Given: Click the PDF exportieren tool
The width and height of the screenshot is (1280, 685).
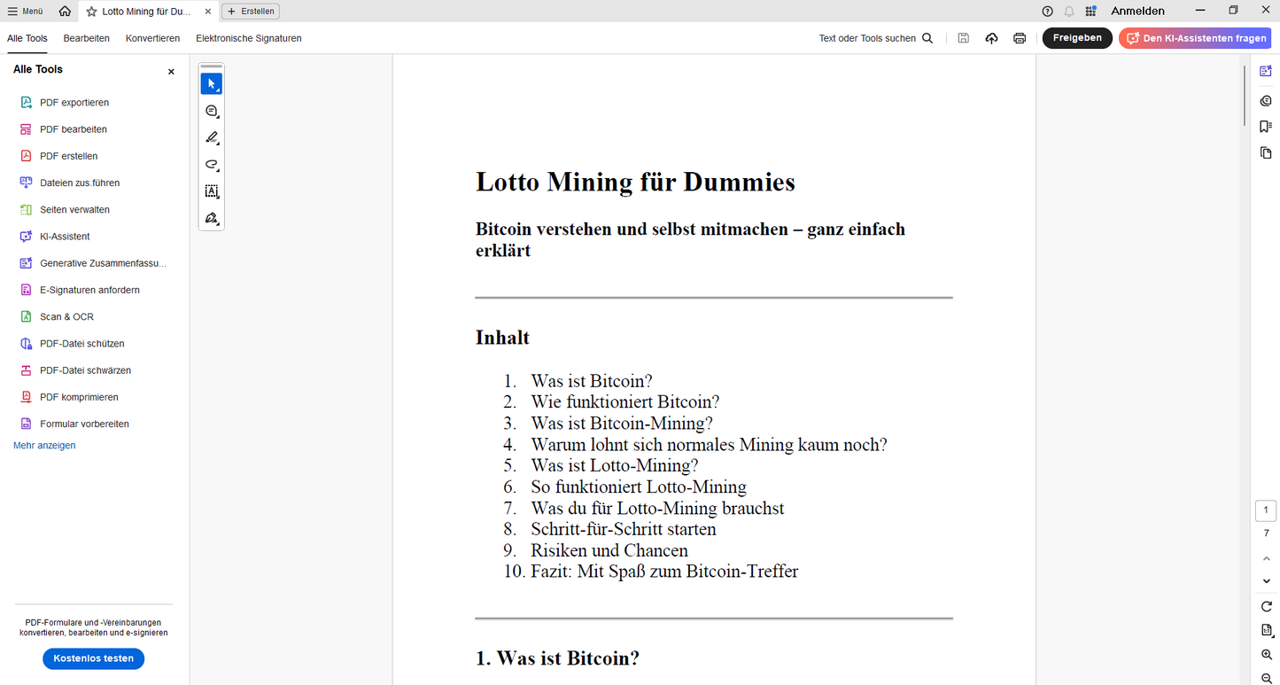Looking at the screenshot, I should tap(74, 103).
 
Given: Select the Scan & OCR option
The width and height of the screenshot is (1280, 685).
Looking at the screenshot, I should tap(66, 316).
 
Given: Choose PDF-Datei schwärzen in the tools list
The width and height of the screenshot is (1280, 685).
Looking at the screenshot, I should tap(85, 370).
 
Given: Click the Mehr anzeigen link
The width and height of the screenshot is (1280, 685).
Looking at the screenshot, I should tap(44, 446).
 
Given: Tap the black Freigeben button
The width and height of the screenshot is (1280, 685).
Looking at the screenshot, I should tap(1077, 38).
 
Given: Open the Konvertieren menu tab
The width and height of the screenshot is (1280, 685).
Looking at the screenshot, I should tap(152, 38).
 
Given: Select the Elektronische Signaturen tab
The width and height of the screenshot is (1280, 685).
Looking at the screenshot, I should tap(249, 38).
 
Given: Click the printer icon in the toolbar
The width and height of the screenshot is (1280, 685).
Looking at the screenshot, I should tap(1020, 38).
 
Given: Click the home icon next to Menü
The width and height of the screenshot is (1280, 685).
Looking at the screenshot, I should tap(65, 12).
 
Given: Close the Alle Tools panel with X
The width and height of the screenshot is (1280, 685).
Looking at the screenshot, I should tap(171, 72).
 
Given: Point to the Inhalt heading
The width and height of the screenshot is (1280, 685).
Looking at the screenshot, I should tap(502, 338).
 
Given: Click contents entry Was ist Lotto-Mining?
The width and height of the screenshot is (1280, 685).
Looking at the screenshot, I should tap(615, 465).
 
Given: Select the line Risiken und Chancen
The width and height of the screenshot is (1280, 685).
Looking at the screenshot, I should tap(609, 550).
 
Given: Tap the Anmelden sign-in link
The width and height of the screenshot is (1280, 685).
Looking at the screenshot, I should tap(1137, 12).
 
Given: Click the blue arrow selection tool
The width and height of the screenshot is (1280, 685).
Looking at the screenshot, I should tap(211, 84).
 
